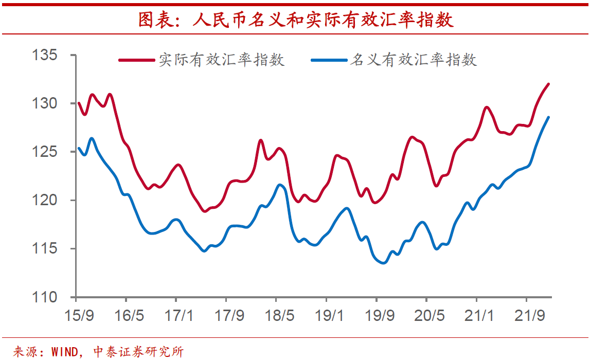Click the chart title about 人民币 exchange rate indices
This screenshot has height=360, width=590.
(295, 20)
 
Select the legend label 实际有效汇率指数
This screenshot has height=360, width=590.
(221, 60)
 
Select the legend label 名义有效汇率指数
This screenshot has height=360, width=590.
(413, 60)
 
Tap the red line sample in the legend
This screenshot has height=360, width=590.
(136, 60)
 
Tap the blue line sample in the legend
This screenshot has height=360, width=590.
(329, 60)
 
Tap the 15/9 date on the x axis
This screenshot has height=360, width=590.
(79, 315)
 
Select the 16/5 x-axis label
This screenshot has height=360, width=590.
(129, 315)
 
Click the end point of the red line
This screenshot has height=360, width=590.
(549, 84)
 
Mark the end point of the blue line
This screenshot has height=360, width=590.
(549, 117)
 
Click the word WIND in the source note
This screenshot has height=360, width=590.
(65, 352)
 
